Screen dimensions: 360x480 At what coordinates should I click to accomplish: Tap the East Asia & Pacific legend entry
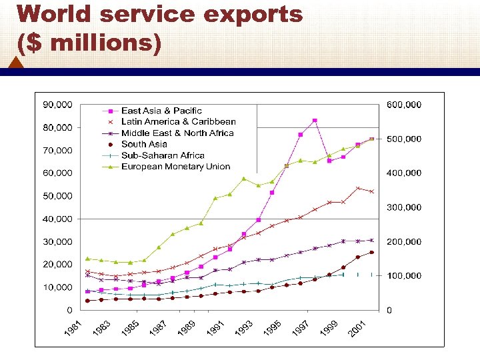click(161, 111)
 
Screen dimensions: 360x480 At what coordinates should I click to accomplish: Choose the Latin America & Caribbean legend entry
click(178, 122)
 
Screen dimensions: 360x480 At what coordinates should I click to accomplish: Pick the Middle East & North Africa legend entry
click(177, 133)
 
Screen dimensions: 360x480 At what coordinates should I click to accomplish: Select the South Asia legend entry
click(144, 144)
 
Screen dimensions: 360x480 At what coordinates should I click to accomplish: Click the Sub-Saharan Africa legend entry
click(163, 155)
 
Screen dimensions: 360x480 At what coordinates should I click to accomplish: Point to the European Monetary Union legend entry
click(175, 167)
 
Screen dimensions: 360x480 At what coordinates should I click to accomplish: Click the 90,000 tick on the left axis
click(58, 105)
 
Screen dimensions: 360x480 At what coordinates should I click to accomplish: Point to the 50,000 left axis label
click(58, 196)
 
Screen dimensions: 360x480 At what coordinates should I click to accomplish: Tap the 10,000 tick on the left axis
click(58, 287)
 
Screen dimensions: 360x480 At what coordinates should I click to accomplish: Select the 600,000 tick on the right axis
click(404, 105)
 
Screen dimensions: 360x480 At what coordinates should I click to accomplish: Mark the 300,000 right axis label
click(404, 207)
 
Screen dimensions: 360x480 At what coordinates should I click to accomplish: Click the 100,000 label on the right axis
click(404, 276)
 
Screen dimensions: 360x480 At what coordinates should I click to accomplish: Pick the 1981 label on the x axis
click(74, 329)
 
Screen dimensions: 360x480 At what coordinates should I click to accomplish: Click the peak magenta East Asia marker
click(315, 121)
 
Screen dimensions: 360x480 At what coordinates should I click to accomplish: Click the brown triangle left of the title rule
click(17, 63)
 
